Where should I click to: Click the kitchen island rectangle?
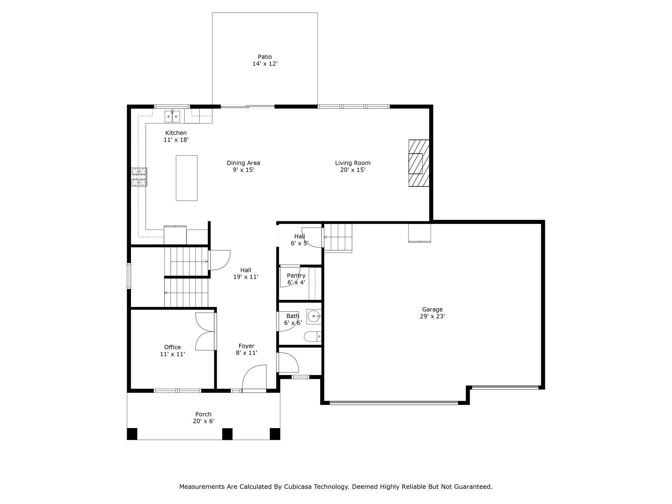186,178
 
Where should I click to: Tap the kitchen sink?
172,116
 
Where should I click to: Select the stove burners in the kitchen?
139,177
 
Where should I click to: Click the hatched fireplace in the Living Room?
419,163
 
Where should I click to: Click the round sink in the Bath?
314,316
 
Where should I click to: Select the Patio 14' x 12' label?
265,60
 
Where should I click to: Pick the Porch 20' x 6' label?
204,417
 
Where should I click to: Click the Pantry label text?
296,276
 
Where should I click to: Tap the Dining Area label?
243,163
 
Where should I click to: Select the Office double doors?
205,331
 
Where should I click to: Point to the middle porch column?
227,434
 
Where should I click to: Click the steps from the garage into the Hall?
338,238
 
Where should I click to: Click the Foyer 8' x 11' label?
247,349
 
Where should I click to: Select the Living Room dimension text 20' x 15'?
352,170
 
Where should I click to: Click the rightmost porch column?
275,434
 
